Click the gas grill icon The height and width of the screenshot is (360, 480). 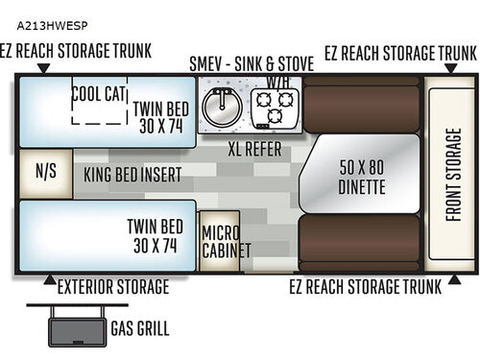pyautogui.click(x=71, y=325)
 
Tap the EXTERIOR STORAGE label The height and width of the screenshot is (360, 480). pyautogui.click(x=113, y=286)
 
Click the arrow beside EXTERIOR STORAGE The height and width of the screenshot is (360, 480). pyautogui.click(x=49, y=280)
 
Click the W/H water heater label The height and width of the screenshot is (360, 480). pyautogui.click(x=278, y=83)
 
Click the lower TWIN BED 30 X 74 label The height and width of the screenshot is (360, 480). pyautogui.click(x=156, y=235)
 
